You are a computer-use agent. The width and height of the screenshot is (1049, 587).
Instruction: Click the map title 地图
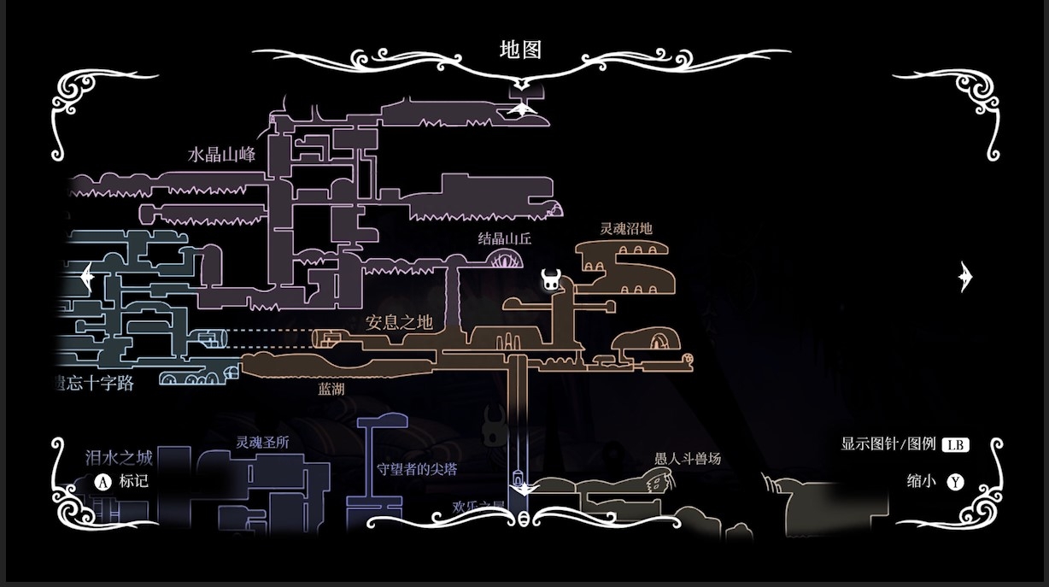point(520,50)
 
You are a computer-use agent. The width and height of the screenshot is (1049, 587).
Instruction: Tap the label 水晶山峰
point(221,155)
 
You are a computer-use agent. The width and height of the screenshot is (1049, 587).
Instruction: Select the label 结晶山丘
point(504,238)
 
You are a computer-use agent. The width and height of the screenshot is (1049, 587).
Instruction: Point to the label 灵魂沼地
point(625,228)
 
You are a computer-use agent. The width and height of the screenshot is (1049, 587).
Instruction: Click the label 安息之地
point(399,322)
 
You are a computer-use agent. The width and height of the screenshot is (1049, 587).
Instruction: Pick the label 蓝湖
point(331,389)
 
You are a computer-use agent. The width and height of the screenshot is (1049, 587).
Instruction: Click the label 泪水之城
point(119,457)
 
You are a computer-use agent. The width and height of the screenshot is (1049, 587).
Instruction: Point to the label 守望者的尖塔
point(417,469)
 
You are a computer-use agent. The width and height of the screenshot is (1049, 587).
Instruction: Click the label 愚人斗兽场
point(687,459)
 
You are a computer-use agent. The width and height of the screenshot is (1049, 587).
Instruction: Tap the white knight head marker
point(551,279)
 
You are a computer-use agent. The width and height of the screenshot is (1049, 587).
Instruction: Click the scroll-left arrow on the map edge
point(85,277)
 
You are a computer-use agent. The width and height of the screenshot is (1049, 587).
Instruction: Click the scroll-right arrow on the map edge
point(965,276)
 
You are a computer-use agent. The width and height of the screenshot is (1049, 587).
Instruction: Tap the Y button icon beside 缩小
point(955,482)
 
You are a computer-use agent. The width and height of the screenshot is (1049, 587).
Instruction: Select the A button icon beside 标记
point(103,481)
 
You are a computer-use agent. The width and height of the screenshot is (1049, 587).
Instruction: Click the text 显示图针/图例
point(888,444)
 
